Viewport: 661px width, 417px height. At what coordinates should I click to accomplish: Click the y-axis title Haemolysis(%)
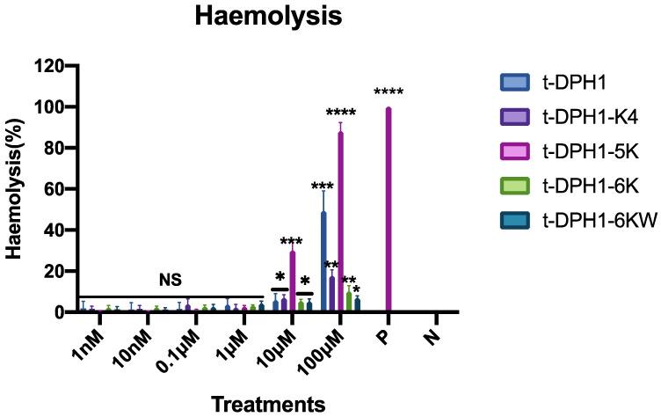[x=15, y=188]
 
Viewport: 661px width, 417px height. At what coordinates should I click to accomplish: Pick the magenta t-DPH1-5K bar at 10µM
[x=292, y=281]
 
